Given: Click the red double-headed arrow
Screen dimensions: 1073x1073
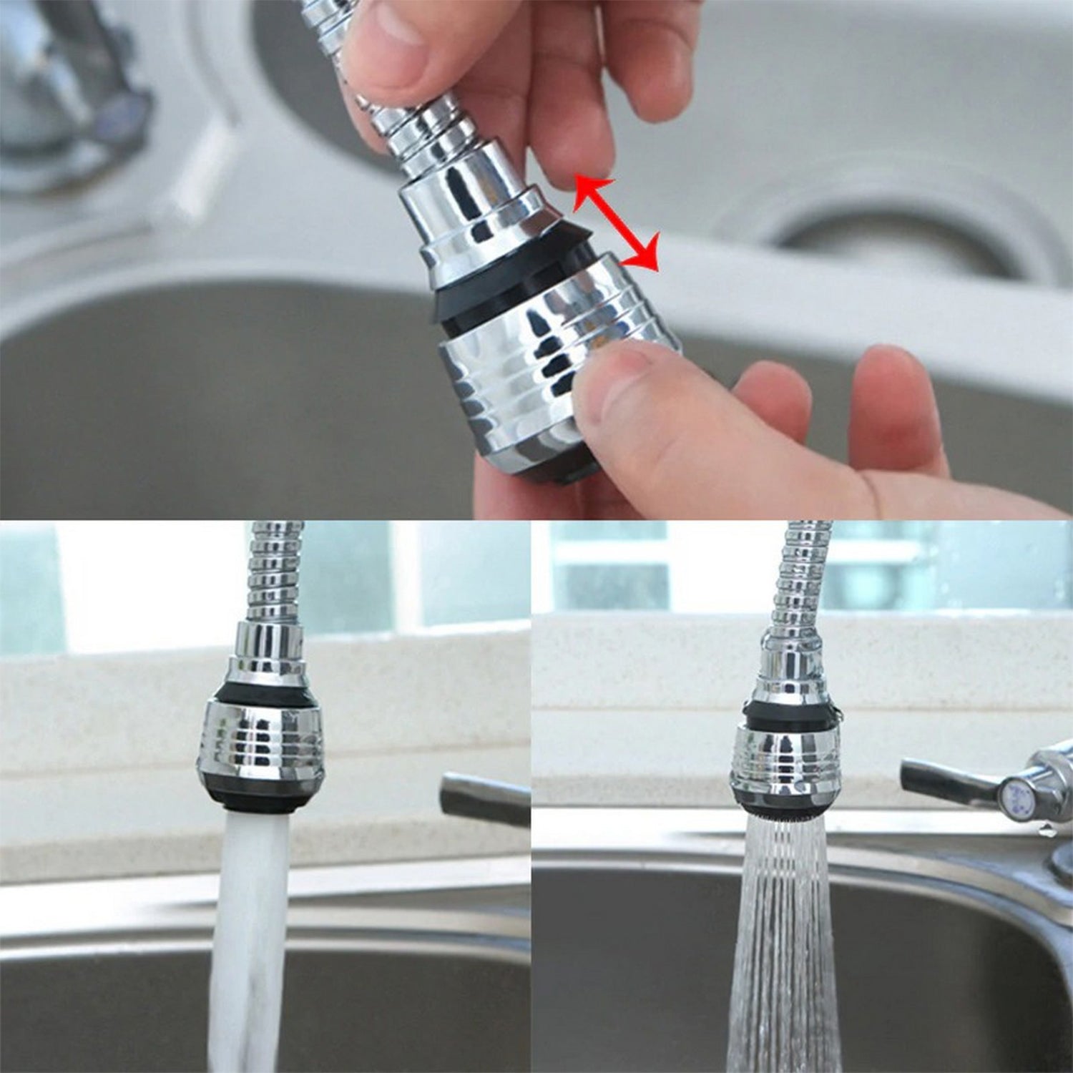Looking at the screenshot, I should click(615, 223).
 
